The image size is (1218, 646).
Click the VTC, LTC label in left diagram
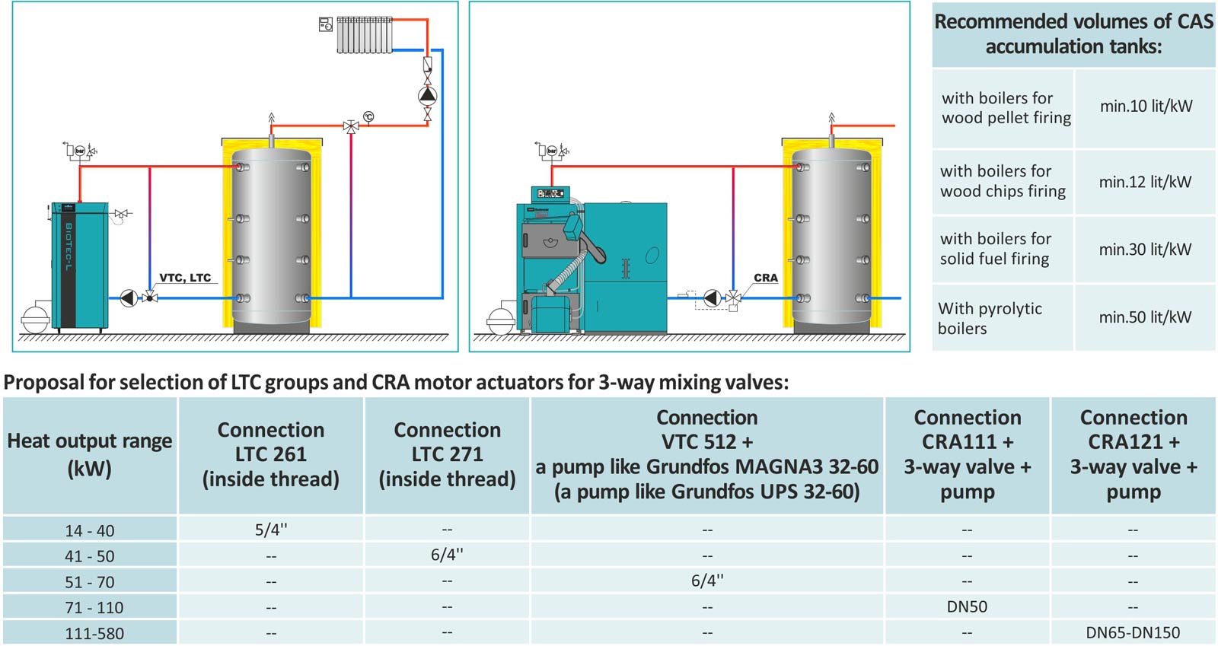185,278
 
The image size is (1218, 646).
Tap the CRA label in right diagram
765,278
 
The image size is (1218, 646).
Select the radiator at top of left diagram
365,35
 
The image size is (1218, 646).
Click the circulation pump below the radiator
427,95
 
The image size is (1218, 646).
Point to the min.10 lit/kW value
1146,107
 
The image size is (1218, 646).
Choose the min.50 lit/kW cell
1145,317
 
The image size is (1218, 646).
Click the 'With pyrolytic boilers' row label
990,318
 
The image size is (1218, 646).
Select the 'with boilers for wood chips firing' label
1003,181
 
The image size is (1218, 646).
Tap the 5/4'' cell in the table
271,530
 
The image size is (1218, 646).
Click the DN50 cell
967,606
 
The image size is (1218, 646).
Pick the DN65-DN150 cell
1133,632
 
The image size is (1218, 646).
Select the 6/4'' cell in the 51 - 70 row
707,581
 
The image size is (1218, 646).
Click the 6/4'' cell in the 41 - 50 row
447,555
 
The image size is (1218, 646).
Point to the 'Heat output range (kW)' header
90,454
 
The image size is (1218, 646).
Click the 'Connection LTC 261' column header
271,454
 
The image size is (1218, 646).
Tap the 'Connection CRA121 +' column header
1134,454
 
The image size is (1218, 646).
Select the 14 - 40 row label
90,530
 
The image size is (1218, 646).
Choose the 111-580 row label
94,633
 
